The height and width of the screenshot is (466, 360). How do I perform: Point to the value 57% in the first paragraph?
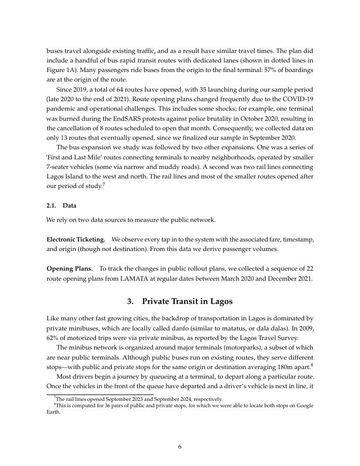pos(255,70)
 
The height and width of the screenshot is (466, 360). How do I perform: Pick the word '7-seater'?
pos(59,167)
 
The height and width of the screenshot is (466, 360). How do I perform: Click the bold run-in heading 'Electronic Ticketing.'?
pos(76,239)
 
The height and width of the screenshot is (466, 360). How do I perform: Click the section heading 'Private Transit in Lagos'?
pos(187,301)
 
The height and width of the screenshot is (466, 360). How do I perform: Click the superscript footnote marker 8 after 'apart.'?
pos(312,364)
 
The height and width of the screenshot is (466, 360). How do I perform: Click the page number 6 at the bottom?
pos(180,446)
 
